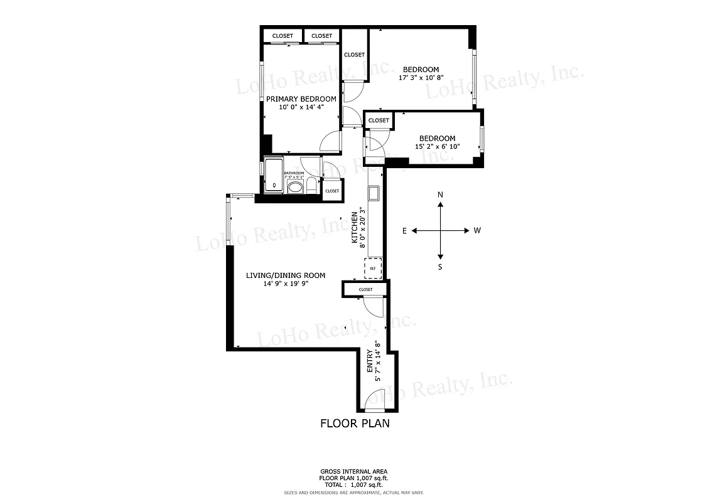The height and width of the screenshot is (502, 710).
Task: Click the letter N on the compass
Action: [440, 195]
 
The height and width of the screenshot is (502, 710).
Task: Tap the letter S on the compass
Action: [440, 267]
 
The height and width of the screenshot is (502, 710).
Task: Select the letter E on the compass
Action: [404, 231]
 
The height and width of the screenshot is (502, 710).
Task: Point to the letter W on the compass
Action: [477, 231]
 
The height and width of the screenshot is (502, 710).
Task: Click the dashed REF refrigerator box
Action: [373, 268]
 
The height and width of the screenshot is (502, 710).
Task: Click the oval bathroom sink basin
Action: [294, 186]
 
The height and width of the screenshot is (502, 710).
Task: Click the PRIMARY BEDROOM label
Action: [301, 99]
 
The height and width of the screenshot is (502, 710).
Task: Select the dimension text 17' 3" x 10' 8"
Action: [421, 78]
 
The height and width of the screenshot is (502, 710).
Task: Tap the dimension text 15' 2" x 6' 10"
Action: [438, 147]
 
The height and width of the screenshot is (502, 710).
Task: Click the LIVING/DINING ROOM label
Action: [286, 275]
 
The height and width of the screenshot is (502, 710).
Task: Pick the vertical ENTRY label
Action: [369, 362]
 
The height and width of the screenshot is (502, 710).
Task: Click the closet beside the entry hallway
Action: [365, 289]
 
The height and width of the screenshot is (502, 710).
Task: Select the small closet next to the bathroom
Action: [332, 191]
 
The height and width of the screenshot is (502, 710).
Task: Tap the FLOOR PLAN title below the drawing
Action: [355, 424]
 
